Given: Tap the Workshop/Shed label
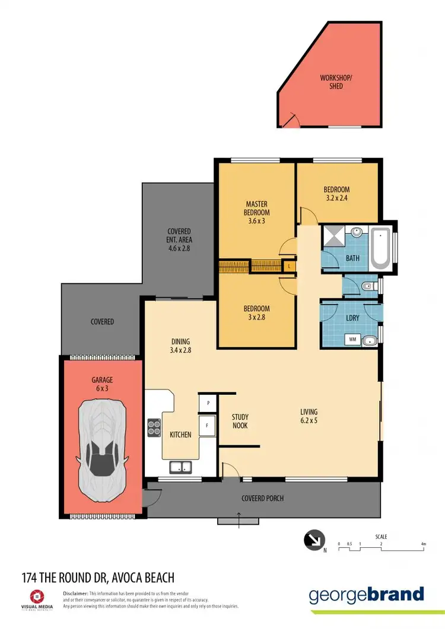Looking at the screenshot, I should pyautogui.click(x=331, y=82).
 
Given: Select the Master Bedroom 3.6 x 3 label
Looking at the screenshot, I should pyautogui.click(x=256, y=212).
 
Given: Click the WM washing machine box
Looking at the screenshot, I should pyautogui.click(x=352, y=340).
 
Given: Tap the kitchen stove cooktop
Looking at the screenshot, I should pyautogui.click(x=154, y=427).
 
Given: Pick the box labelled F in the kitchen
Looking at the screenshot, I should pyautogui.click(x=207, y=426).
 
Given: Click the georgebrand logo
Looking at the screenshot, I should pyautogui.click(x=366, y=595).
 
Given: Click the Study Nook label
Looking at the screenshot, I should pyautogui.click(x=240, y=421).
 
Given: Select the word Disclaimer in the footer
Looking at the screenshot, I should pyautogui.click(x=75, y=593).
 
